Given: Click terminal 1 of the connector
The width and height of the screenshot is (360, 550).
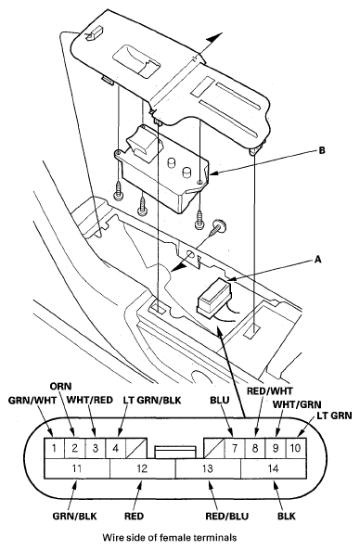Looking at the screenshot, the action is pos(54,448).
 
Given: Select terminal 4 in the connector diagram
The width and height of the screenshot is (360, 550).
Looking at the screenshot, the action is pos(115,448).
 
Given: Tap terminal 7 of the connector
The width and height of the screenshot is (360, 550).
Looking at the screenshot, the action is pos(235,448).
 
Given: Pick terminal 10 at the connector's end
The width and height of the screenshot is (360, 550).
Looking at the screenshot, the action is pos(296,448).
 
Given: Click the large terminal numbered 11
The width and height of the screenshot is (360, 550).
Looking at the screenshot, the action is pos(77,468).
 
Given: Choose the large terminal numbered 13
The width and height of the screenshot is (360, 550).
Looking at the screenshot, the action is pos(208,468).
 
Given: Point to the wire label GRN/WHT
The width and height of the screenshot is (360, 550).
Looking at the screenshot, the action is pos(32,401).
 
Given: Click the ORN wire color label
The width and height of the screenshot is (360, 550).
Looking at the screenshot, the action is pos(60,387).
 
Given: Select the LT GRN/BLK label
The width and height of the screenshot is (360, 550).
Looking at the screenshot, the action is pos(152,401).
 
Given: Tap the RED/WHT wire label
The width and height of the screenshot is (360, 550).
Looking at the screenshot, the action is pos(269,390).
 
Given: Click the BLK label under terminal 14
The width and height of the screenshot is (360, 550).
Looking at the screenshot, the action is pos(287,516).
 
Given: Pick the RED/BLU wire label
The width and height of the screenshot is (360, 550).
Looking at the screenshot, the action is pos(227,516).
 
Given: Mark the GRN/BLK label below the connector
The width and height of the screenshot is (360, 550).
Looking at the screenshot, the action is pos(74,516).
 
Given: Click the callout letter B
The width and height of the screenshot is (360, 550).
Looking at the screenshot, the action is pos(322,150).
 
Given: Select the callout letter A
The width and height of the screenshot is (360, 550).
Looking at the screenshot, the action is pos(318,259).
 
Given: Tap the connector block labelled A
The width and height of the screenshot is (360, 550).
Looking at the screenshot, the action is pos(213,295).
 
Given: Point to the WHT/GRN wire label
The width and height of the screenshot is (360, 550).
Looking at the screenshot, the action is pos(297,404).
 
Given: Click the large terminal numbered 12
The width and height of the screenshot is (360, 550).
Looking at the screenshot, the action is pos(143,468).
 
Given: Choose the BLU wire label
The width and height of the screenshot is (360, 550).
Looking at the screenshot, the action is pos(220,401).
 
